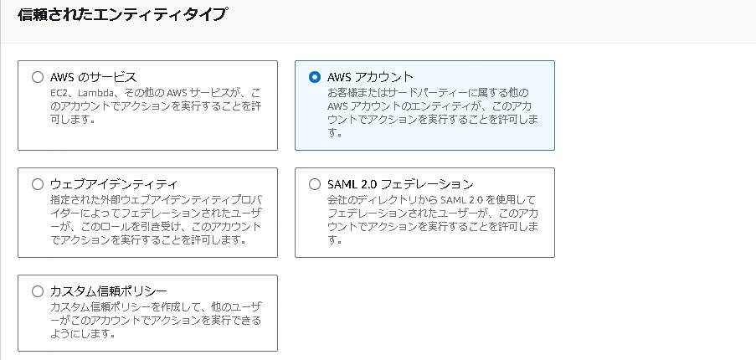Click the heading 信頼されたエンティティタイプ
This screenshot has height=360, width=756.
pyautogui.click(x=121, y=14)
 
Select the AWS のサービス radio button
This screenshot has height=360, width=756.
pyautogui.click(x=37, y=77)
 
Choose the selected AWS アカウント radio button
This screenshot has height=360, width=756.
pyautogui.click(x=314, y=77)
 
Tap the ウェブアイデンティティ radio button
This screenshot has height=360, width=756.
pyautogui.click(x=37, y=184)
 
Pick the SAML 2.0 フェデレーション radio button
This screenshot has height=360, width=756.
pyautogui.click(x=314, y=184)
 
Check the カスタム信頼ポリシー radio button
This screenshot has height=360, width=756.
pyautogui.click(x=37, y=291)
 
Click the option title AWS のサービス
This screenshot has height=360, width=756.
pyautogui.click(x=94, y=77)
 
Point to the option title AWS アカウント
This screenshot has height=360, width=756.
pyautogui.click(x=370, y=77)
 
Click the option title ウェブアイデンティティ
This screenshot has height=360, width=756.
pyautogui.click(x=114, y=184)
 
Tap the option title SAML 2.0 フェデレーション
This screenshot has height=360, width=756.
pyautogui.click(x=400, y=184)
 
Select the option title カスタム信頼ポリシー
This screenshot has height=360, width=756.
pyautogui.click(x=109, y=291)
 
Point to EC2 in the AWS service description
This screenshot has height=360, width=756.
pyautogui.click(x=59, y=92)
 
